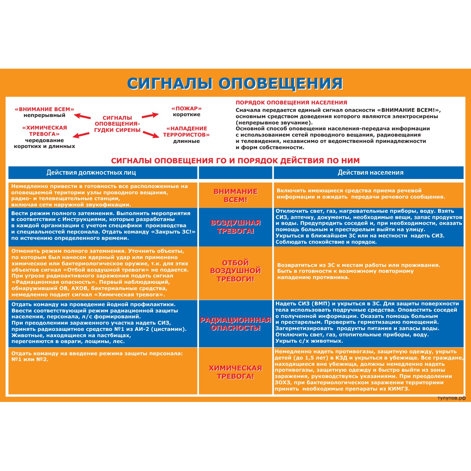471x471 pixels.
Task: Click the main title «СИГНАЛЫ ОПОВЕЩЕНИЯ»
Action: pyautogui.click(x=235, y=83)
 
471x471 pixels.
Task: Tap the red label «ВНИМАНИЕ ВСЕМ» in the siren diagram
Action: pyautogui.click(x=44, y=109)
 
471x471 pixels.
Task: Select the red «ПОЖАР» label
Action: pyautogui.click(x=186, y=108)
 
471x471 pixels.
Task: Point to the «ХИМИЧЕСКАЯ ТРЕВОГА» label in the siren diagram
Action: pyautogui.click(x=44, y=131)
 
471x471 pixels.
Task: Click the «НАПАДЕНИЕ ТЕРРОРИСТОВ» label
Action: pyautogui.click(x=186, y=131)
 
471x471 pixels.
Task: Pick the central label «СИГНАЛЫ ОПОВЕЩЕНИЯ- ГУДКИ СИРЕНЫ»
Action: pyautogui.click(x=117, y=124)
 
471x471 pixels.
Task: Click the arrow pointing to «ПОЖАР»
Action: pyautogui.click(x=150, y=115)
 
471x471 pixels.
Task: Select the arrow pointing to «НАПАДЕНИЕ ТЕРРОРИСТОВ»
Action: pyautogui.click(x=151, y=134)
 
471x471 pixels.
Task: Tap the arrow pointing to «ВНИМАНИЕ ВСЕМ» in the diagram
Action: pyautogui.click(x=83, y=116)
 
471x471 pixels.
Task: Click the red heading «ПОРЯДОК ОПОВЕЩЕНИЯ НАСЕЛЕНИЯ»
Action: pyautogui.click(x=291, y=102)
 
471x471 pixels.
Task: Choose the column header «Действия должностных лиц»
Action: pyautogui.click(x=91, y=172)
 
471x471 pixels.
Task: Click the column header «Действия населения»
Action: pyautogui.click(x=371, y=172)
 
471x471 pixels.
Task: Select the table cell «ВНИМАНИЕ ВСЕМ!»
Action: pyautogui.click(x=235, y=195)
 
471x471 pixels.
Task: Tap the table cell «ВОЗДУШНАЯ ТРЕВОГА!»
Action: pyautogui.click(x=235, y=227)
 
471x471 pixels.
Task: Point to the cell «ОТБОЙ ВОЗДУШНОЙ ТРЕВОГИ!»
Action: pyautogui.click(x=235, y=271)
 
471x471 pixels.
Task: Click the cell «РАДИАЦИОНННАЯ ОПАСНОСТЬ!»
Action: pyautogui.click(x=235, y=324)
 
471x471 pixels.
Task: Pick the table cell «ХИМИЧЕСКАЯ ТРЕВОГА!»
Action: pyautogui.click(x=235, y=372)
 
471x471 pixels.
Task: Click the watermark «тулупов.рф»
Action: pyautogui.click(x=451, y=398)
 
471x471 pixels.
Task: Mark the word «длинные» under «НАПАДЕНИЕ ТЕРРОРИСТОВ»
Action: pyautogui.click(x=186, y=141)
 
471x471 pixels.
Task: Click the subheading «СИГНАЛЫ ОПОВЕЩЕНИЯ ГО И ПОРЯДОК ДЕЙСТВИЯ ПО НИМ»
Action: pyautogui.click(x=235, y=161)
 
